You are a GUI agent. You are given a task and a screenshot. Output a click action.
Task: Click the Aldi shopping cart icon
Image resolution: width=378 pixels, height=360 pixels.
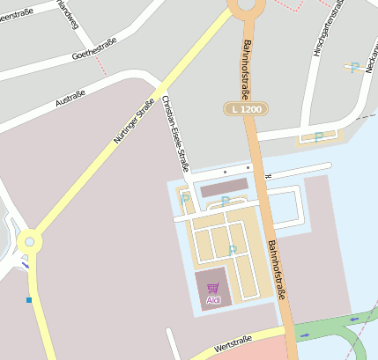pyautogui.click(x=212, y=287)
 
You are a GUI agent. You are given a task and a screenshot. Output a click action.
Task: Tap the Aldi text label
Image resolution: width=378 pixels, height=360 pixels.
pyautogui.click(x=212, y=299)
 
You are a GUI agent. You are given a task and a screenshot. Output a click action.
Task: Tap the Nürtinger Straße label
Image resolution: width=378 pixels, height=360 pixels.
pyautogui.click(x=133, y=121)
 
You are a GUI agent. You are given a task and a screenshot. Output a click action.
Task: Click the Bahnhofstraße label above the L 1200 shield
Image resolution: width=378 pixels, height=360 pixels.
pyautogui.click(x=243, y=67)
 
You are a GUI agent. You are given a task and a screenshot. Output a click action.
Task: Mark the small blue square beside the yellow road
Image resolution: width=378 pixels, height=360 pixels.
pyautogui.click(x=29, y=300)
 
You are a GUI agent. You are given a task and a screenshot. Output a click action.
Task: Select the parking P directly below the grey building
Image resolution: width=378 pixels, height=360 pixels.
pyautogui.click(x=225, y=202)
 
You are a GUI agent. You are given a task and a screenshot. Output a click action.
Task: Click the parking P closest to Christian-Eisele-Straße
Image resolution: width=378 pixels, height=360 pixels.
pyautogui.click(x=185, y=199)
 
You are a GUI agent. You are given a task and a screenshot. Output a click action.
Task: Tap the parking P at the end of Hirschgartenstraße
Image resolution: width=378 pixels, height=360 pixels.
pyautogui.click(x=318, y=136)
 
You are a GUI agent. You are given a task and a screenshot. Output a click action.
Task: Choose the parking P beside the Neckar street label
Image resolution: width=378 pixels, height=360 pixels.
pyautogui.click(x=354, y=67)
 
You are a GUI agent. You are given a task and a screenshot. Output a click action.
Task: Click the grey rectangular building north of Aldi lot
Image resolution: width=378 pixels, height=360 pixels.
pyautogui.click(x=225, y=187)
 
